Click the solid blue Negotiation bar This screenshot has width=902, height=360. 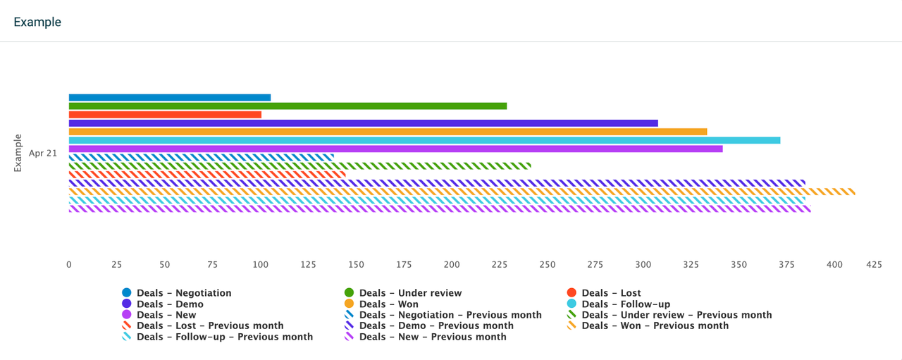(169, 97)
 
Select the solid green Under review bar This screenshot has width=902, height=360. (288, 106)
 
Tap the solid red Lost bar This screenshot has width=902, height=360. (165, 114)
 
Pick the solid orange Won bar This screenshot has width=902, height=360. (388, 131)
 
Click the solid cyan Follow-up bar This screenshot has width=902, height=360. (424, 139)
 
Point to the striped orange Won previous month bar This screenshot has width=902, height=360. (462, 191)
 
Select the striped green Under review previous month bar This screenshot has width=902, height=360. (299, 166)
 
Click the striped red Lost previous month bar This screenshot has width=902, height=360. (207, 174)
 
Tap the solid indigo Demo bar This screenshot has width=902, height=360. (363, 123)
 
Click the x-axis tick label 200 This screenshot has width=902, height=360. (452, 265)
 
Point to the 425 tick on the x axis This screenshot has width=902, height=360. (874, 265)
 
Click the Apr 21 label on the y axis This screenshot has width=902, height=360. (43, 153)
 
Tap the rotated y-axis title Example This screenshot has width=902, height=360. (18, 153)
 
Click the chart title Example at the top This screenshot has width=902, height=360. (37, 22)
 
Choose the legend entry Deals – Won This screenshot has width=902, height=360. (388, 304)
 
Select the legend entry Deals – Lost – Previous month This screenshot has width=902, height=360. (210, 325)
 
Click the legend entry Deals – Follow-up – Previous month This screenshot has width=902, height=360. (225, 337)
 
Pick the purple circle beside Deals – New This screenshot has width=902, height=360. (127, 315)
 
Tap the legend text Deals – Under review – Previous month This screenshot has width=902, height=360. (676, 315)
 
